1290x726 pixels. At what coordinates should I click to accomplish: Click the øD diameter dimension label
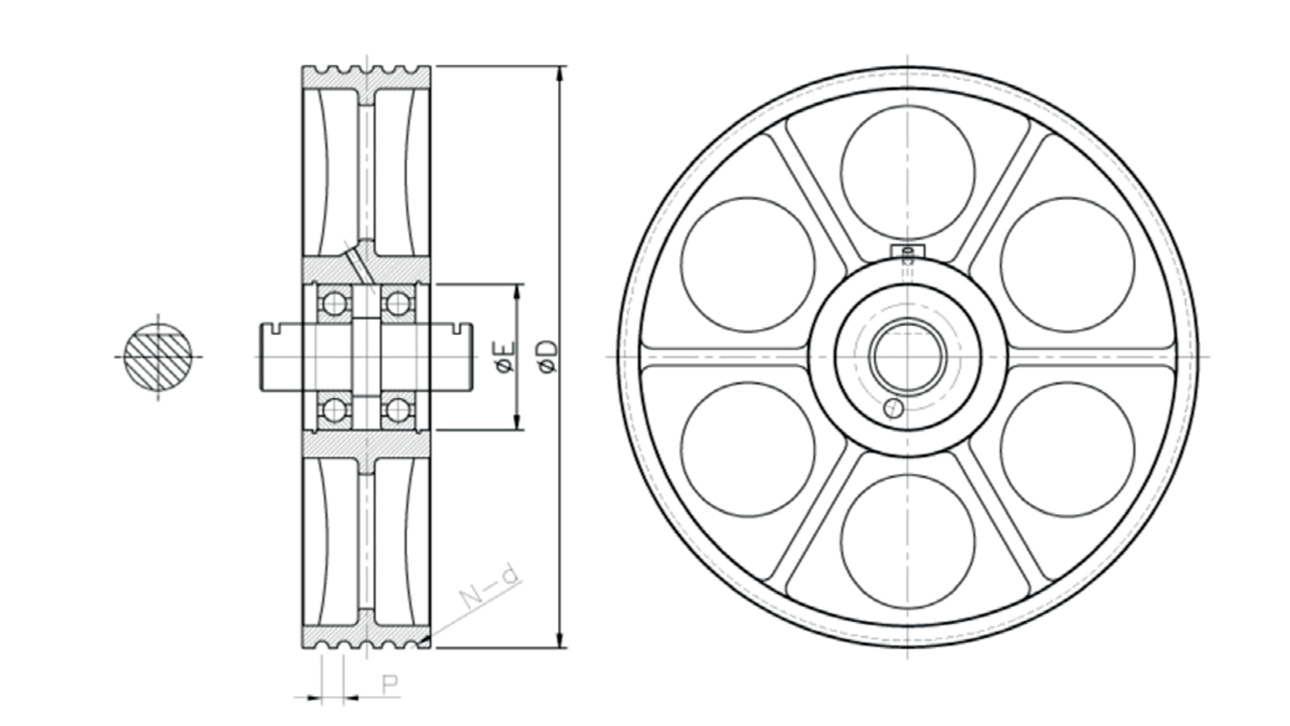[549, 357]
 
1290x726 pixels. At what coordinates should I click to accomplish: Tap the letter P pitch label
[390, 684]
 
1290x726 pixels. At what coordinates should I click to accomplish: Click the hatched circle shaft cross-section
[158, 357]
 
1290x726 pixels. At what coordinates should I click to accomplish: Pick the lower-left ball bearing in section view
[334, 411]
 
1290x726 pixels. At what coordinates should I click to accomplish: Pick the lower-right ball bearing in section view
[397, 411]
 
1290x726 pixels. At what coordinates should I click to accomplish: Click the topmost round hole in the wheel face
[908, 173]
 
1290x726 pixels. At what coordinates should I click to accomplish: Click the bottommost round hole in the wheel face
[908, 541]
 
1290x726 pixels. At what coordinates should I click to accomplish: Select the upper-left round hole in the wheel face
[748, 265]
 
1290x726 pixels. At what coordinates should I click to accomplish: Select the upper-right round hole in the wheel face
[1067, 265]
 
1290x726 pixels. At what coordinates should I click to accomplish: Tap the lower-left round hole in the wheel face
[748, 449]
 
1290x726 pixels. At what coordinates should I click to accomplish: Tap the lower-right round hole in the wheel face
[1067, 449]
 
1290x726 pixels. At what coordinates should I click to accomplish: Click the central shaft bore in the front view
[908, 357]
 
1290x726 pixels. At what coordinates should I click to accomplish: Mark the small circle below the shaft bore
[893, 408]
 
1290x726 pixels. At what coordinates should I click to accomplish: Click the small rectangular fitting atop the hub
[908, 252]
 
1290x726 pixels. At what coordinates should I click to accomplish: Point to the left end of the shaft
[261, 357]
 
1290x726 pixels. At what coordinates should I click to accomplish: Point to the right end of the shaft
[472, 357]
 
